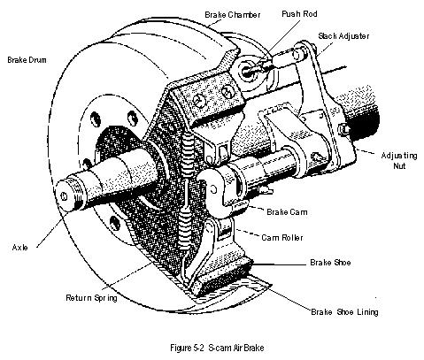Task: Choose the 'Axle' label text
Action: (x=19, y=248)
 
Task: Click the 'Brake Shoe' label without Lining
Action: (x=333, y=264)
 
